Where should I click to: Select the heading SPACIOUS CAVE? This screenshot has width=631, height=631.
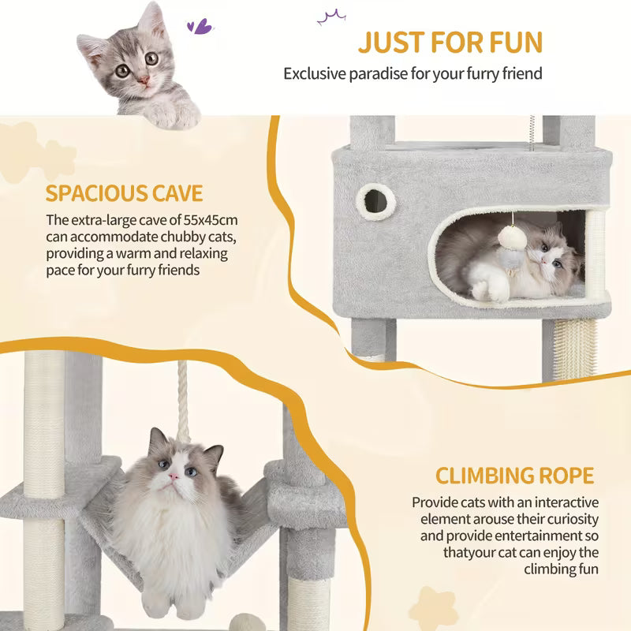click(x=124, y=193)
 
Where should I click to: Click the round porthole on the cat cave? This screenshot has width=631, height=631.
click(x=372, y=196)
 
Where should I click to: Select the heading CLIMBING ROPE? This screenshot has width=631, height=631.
click(x=514, y=476)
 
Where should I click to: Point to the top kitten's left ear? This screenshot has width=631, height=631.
click(x=94, y=47)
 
